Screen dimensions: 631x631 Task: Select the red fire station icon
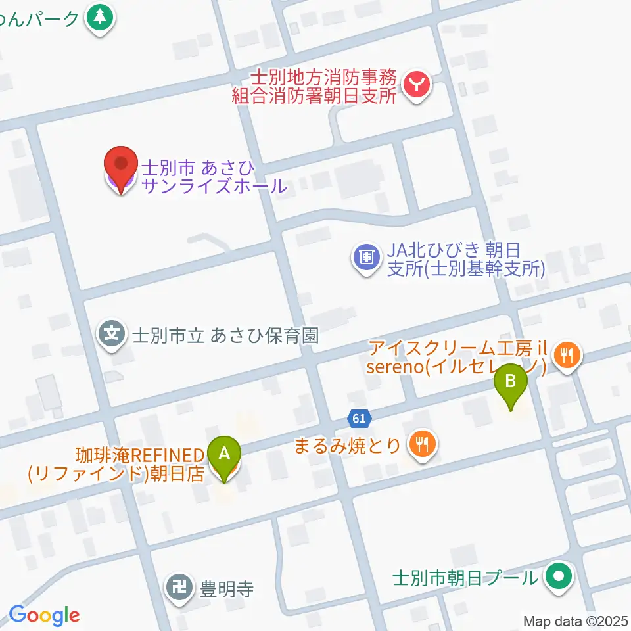click(417, 85)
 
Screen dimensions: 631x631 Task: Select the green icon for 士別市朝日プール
click(559, 578)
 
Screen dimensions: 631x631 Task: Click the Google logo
click(44, 615)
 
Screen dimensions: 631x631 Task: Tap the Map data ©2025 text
click(575, 620)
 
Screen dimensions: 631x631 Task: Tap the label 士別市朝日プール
click(465, 578)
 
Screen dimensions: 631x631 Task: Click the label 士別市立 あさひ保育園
click(225, 335)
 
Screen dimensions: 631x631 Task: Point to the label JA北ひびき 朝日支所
click(465, 260)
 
